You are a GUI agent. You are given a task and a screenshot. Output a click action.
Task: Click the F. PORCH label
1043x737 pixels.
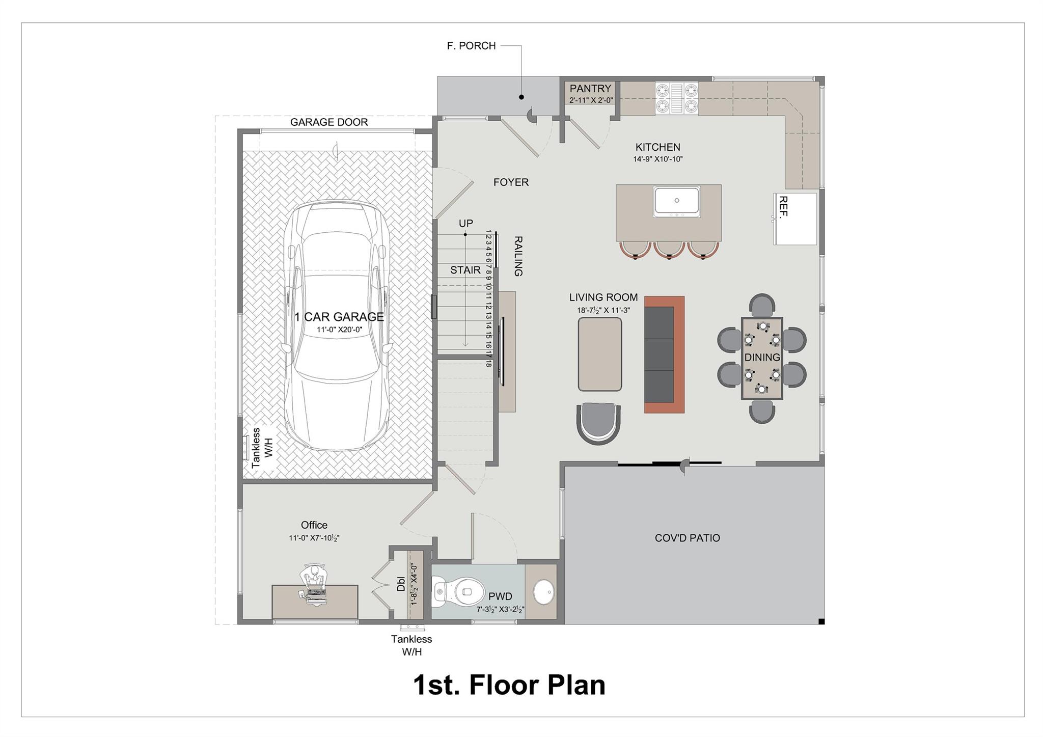click(x=471, y=46)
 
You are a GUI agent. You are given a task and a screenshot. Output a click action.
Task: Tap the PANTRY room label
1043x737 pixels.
click(x=590, y=89)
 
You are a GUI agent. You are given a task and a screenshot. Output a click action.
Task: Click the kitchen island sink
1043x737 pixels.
click(x=677, y=201)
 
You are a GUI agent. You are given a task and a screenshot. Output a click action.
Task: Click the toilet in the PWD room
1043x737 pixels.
click(x=458, y=592)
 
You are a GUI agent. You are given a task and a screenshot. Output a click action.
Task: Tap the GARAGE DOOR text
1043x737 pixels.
click(x=329, y=122)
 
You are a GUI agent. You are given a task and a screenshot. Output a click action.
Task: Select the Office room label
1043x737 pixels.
click(x=314, y=525)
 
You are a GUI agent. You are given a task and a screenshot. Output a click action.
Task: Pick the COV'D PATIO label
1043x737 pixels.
click(x=687, y=538)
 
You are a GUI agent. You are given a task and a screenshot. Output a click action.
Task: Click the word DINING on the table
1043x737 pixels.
click(x=762, y=358)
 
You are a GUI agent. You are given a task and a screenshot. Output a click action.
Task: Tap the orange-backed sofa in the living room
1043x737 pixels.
click(x=664, y=354)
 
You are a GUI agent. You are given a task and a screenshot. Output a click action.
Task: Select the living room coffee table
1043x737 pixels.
click(x=600, y=354)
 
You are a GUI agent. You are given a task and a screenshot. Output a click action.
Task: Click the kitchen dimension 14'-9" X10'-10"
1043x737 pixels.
click(x=657, y=159)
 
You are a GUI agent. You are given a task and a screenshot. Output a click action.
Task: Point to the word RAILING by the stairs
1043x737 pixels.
click(x=518, y=256)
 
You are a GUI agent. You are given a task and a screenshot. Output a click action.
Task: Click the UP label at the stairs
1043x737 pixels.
click(x=465, y=224)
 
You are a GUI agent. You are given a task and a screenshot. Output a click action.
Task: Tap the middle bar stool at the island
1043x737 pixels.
click(x=668, y=250)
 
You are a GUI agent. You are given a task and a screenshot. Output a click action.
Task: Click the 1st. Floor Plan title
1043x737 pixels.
click(x=509, y=685)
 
